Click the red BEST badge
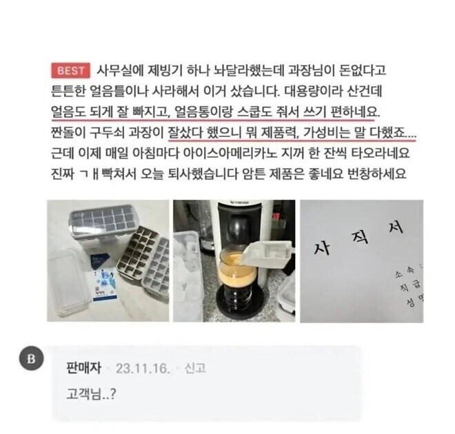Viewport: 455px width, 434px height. [70, 70]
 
